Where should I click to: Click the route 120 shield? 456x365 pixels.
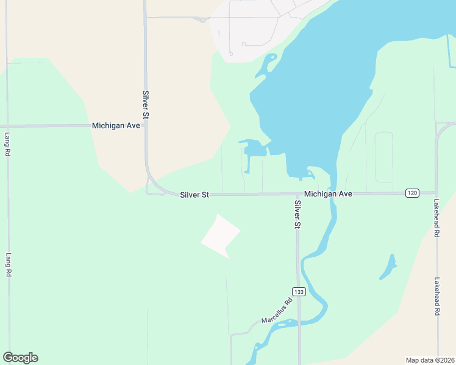click(412, 193)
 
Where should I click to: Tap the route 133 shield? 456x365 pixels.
click(298, 292)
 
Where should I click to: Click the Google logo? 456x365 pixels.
click(20, 358)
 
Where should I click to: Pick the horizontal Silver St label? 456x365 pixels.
click(194, 195)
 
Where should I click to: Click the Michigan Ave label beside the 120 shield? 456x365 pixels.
click(328, 193)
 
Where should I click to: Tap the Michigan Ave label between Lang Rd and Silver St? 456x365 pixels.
click(116, 125)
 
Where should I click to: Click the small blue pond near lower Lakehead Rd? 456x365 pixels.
click(388, 267)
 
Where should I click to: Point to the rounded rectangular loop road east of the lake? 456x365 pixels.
click(383, 157)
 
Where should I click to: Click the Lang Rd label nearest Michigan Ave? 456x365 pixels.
click(8, 145)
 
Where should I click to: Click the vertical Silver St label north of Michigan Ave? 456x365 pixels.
click(146, 104)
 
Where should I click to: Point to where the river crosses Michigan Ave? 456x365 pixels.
click(332, 193)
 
